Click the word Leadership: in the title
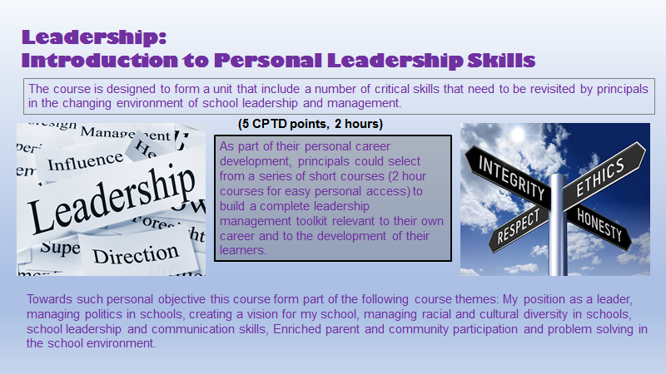(94, 37)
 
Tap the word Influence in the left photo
(85, 160)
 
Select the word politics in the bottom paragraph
(101, 313)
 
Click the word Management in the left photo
(114, 133)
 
